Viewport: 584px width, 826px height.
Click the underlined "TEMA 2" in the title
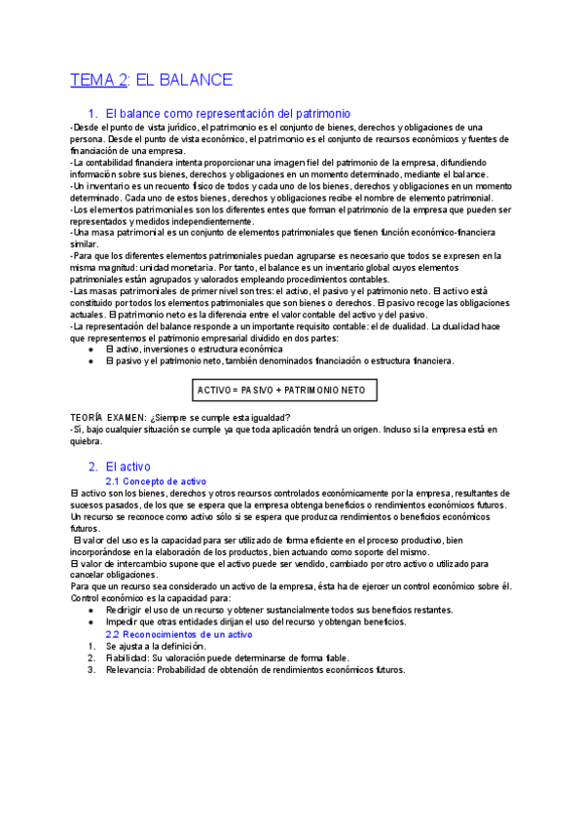[98, 80]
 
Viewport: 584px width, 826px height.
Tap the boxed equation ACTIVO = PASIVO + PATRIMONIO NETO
[281, 390]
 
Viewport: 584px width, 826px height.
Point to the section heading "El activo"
[128, 467]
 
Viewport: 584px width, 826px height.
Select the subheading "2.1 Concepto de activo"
[156, 481]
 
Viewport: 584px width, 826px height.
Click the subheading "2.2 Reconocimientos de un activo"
[178, 633]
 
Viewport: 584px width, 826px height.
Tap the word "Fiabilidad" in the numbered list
[129, 657]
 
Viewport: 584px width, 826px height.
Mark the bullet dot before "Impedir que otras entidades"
[91, 621]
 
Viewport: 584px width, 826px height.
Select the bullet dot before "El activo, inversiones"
[91, 349]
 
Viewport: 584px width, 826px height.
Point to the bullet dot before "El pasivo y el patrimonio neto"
[91, 360]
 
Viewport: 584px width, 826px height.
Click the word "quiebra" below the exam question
[88, 440]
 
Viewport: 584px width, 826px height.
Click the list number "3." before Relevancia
[91, 669]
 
